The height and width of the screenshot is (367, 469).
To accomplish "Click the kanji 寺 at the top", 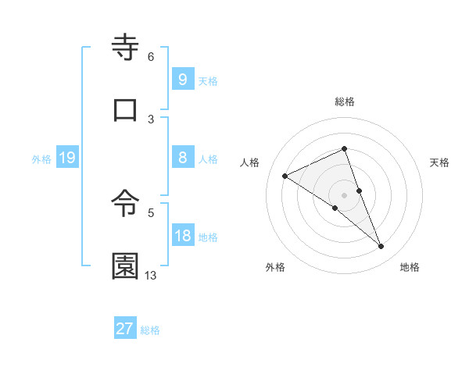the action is coord(126,49).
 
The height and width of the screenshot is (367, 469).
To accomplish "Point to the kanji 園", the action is coord(126,266).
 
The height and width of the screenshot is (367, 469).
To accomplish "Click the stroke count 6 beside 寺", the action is coord(151,57).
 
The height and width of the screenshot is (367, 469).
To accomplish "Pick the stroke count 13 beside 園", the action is coord(151,275).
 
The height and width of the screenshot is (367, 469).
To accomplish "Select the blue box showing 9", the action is coord(182,80).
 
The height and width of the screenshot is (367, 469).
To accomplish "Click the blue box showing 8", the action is coord(182,158).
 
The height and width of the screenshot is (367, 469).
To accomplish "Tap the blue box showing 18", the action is coord(182,236).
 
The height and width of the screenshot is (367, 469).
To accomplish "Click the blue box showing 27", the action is coord(125,329).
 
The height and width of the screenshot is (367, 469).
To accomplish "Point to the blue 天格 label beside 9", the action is coord(208,80).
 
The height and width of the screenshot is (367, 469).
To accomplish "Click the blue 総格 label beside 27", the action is coord(150,330).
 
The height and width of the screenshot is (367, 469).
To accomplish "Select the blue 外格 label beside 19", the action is coord(41,159).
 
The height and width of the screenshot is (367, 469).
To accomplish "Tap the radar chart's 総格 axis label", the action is coord(345,102).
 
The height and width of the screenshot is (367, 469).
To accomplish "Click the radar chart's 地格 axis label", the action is coord(410,267).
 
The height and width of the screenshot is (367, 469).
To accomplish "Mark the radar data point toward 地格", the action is coord(381,247).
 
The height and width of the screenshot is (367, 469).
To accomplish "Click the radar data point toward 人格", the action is coord(285,176).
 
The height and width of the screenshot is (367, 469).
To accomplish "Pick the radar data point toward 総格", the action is coord(344,148).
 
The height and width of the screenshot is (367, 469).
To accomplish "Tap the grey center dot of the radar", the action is coord(344,194).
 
